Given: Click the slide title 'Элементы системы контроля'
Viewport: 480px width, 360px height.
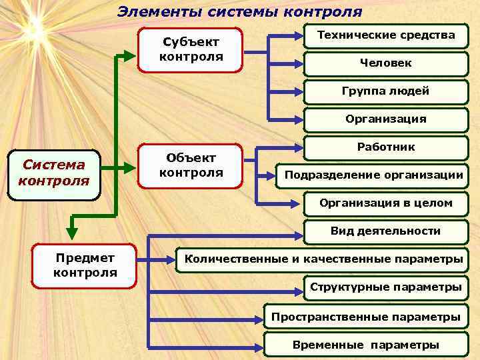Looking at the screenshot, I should (240, 11).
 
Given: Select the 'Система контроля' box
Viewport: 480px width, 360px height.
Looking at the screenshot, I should (54, 173).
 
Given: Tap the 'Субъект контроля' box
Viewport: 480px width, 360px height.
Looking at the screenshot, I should (191, 49).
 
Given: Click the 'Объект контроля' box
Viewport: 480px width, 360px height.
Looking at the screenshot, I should (191, 165).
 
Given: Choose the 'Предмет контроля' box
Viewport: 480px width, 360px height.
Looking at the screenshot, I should (85, 265).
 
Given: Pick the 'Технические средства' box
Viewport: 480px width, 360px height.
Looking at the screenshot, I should (385, 36).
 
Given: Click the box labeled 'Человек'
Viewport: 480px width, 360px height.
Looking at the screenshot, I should (385, 63).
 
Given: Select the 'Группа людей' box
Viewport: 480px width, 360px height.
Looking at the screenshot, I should (385, 91).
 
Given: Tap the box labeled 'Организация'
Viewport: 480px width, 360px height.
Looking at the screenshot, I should (385, 119).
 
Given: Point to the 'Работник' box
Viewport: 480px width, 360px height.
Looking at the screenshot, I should (385, 147).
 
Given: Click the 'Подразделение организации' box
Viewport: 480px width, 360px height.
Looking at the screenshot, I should (373, 175).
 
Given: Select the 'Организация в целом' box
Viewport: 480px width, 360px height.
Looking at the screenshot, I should (385, 203).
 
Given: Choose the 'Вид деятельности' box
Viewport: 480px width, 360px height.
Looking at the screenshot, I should (385, 231).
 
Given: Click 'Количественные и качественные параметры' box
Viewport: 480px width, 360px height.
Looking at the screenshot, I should (323, 259).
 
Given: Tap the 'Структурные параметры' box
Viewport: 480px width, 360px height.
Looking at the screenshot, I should (385, 287).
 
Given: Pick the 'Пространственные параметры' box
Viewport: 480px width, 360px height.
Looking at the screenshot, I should (365, 317).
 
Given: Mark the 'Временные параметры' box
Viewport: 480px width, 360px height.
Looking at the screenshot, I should (365, 345).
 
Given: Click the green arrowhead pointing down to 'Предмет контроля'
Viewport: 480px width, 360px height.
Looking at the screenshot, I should (72, 233).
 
